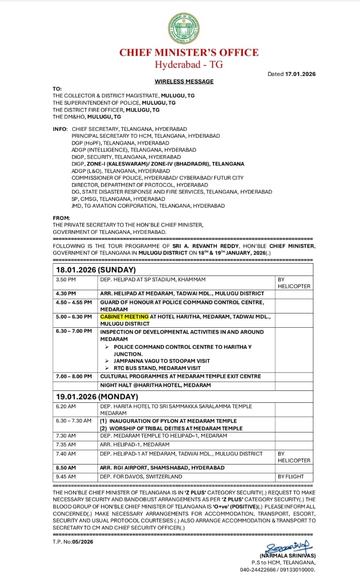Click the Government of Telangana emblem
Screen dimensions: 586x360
(184, 28)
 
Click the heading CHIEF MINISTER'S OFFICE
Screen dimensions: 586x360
(189, 52)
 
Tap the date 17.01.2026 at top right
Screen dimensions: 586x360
(300, 74)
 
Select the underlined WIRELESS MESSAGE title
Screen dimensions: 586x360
(184, 81)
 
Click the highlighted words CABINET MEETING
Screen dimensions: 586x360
(125, 316)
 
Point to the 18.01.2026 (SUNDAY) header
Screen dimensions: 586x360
(96, 270)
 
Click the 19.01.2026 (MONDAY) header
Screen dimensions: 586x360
(97, 396)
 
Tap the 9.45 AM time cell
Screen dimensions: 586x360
(66, 477)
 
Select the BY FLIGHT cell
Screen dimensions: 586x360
(291, 477)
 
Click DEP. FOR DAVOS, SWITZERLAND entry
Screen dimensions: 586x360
(141, 477)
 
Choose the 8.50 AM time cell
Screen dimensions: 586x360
(67, 468)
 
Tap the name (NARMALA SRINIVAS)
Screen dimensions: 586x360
(288, 555)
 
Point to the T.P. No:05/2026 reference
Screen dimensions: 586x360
(73, 542)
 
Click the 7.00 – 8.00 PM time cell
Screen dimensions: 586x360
(74, 376)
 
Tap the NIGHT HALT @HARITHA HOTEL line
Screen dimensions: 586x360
(156, 385)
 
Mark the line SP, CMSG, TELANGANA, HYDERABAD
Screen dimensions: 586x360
(118, 199)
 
